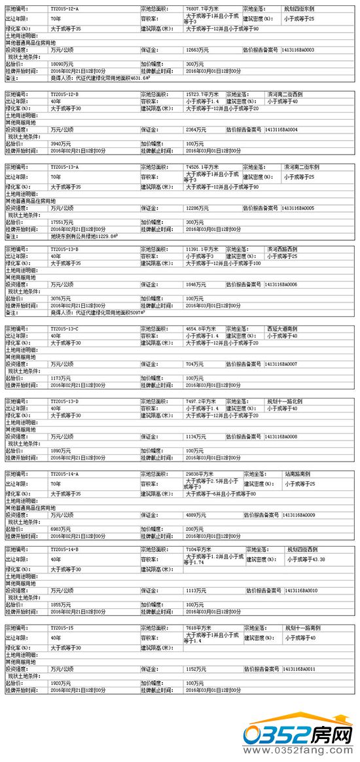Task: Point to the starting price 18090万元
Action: tap(62, 64)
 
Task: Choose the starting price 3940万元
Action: tap(60, 143)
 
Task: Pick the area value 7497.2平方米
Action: tap(201, 401)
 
